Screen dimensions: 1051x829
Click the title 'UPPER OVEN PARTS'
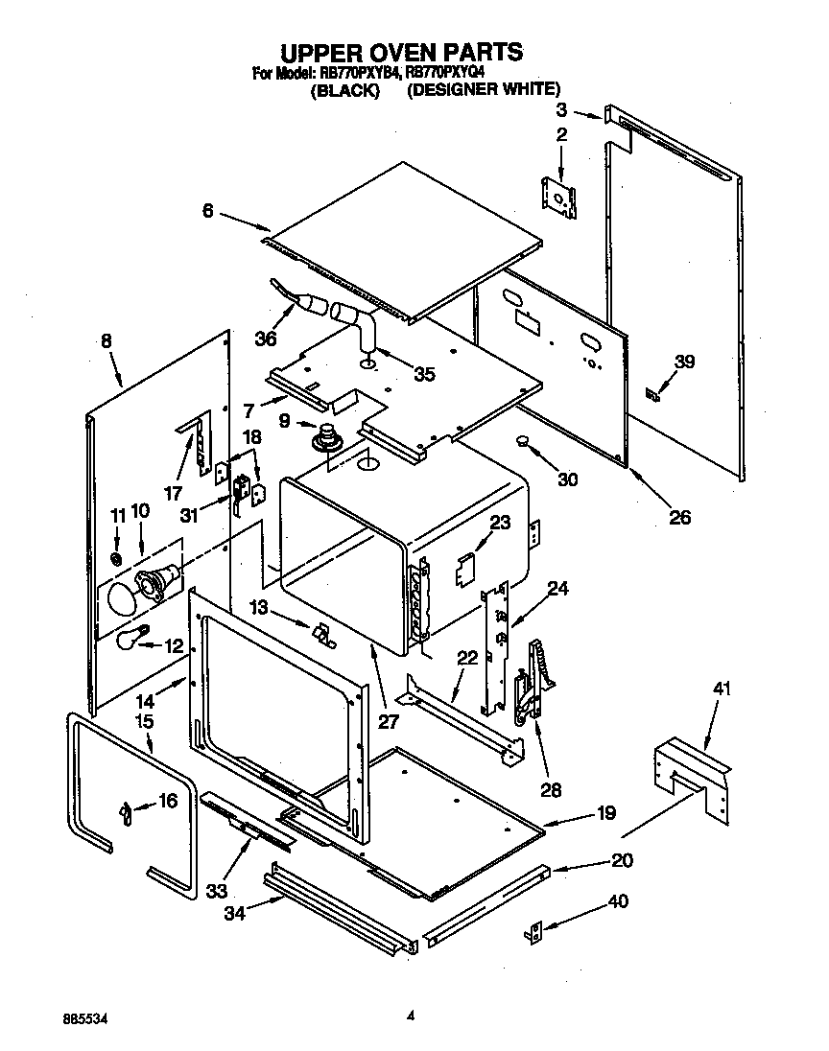pyautogui.click(x=401, y=51)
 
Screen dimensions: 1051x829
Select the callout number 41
pyautogui.click(x=722, y=688)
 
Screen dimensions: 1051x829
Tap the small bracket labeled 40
pyautogui.click(x=535, y=931)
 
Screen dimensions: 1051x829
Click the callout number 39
pyautogui.click(x=683, y=362)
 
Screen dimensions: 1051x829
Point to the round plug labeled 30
pyautogui.click(x=523, y=441)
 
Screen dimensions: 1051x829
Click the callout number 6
pyautogui.click(x=207, y=211)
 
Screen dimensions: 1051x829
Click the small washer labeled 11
pyautogui.click(x=116, y=559)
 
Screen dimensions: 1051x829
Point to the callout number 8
pyautogui.click(x=105, y=339)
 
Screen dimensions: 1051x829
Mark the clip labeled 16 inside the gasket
pyautogui.click(x=126, y=812)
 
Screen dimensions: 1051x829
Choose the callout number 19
pyautogui.click(x=605, y=815)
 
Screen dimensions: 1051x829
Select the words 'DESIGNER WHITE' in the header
pyautogui.click(x=483, y=90)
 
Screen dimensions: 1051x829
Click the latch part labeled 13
pyautogui.click(x=322, y=634)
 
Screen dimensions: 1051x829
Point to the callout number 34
pyautogui.click(x=232, y=914)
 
